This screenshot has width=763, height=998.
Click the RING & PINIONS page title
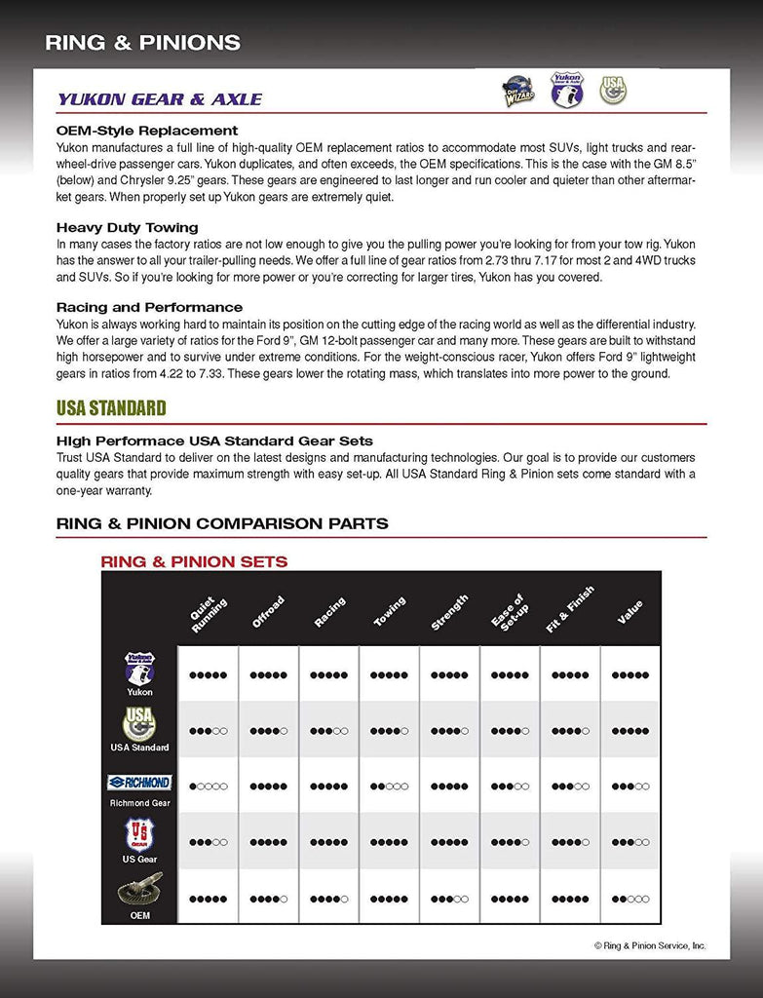142,43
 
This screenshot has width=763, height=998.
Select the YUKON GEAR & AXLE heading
160,99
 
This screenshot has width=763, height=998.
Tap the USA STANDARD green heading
111,407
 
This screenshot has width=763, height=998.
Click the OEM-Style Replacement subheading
147,131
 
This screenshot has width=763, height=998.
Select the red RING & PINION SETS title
194,561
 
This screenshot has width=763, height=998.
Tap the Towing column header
390,611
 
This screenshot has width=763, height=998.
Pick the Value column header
629,612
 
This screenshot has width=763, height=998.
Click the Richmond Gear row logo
139,783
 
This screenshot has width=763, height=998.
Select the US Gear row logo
139,835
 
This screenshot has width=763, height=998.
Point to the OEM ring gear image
139,892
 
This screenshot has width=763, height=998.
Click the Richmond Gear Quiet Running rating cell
208,786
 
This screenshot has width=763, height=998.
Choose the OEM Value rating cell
629,899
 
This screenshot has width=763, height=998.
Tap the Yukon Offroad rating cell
268,674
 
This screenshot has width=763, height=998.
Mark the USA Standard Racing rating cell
328,730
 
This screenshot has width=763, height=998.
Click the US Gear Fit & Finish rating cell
570,842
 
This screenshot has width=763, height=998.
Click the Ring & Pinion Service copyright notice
650,945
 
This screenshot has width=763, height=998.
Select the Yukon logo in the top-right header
566,89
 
